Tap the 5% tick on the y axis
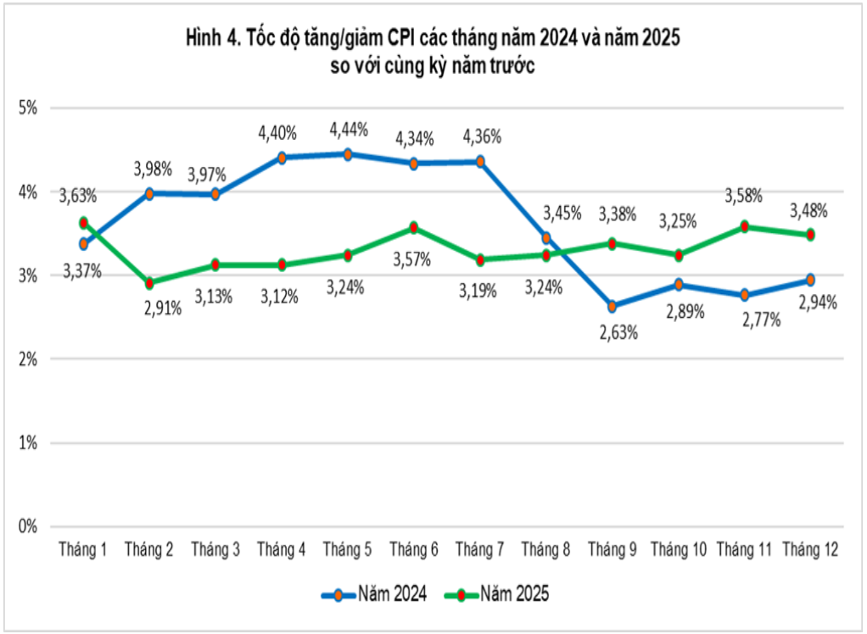[30, 108]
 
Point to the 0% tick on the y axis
[30, 526]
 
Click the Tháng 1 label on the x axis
[82, 551]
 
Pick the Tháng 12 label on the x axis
[810, 551]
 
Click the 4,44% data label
[348, 130]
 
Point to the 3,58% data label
[743, 197]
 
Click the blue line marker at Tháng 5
[348, 154]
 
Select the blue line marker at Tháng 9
[612, 306]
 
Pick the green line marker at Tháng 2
[149, 283]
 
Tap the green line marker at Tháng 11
[744, 226]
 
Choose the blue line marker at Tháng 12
[810, 280]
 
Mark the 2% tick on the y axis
[30, 359]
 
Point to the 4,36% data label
[481, 136]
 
